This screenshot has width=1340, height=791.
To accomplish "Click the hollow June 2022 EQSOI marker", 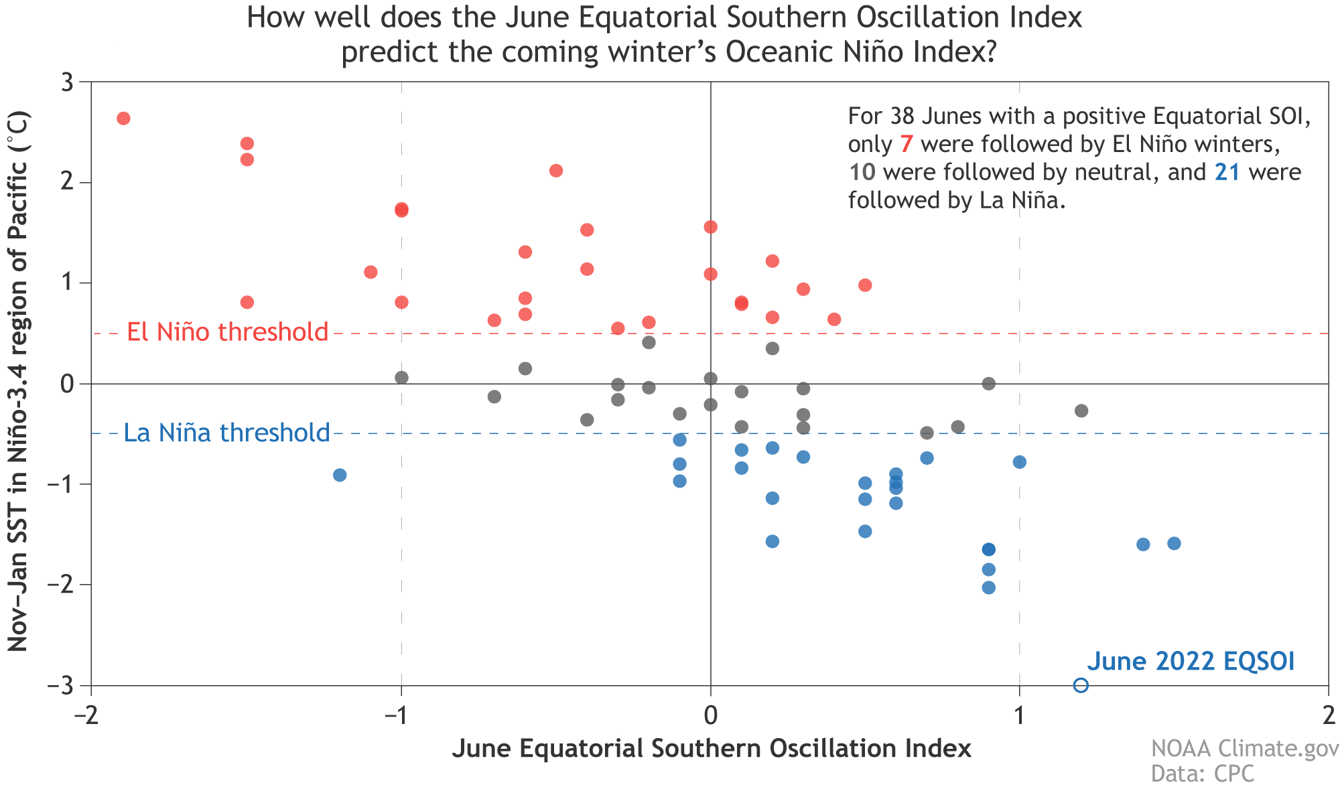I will click(1081, 685).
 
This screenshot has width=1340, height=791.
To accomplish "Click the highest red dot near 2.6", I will click(123, 119).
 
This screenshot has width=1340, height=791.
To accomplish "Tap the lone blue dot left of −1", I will click(340, 475).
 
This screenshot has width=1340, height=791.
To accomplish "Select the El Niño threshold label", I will click(228, 332).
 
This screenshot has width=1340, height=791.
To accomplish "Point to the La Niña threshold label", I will click(227, 433).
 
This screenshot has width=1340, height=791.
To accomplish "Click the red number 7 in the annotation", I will click(906, 144).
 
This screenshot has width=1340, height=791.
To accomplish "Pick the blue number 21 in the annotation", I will click(1227, 172).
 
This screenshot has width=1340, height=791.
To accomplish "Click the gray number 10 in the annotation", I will click(862, 172).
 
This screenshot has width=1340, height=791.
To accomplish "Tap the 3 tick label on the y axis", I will click(67, 82).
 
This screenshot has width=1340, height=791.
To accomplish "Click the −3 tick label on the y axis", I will click(62, 686).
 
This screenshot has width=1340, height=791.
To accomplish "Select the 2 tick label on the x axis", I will click(1328, 716).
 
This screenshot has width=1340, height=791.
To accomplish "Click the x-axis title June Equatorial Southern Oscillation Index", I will click(711, 748).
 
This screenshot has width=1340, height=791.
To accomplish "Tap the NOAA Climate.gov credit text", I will click(1244, 748).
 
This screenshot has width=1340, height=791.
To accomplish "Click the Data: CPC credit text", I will click(1202, 774).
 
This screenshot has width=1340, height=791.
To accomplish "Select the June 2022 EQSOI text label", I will click(1191, 661).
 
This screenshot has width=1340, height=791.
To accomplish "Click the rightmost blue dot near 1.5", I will click(1174, 543).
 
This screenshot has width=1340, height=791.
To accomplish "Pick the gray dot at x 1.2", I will click(1081, 411).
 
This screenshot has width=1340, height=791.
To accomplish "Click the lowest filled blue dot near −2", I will click(988, 587).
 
